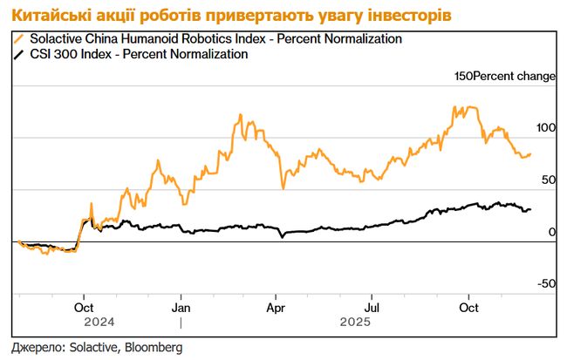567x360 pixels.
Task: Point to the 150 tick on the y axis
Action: [x=465, y=77]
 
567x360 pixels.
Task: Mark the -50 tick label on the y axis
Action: [x=546, y=283]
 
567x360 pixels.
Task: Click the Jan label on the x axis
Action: [x=181, y=307]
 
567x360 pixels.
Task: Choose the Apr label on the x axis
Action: [x=277, y=307]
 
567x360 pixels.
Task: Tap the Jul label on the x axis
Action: [x=372, y=307]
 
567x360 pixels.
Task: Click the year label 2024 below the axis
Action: [x=85, y=321]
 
